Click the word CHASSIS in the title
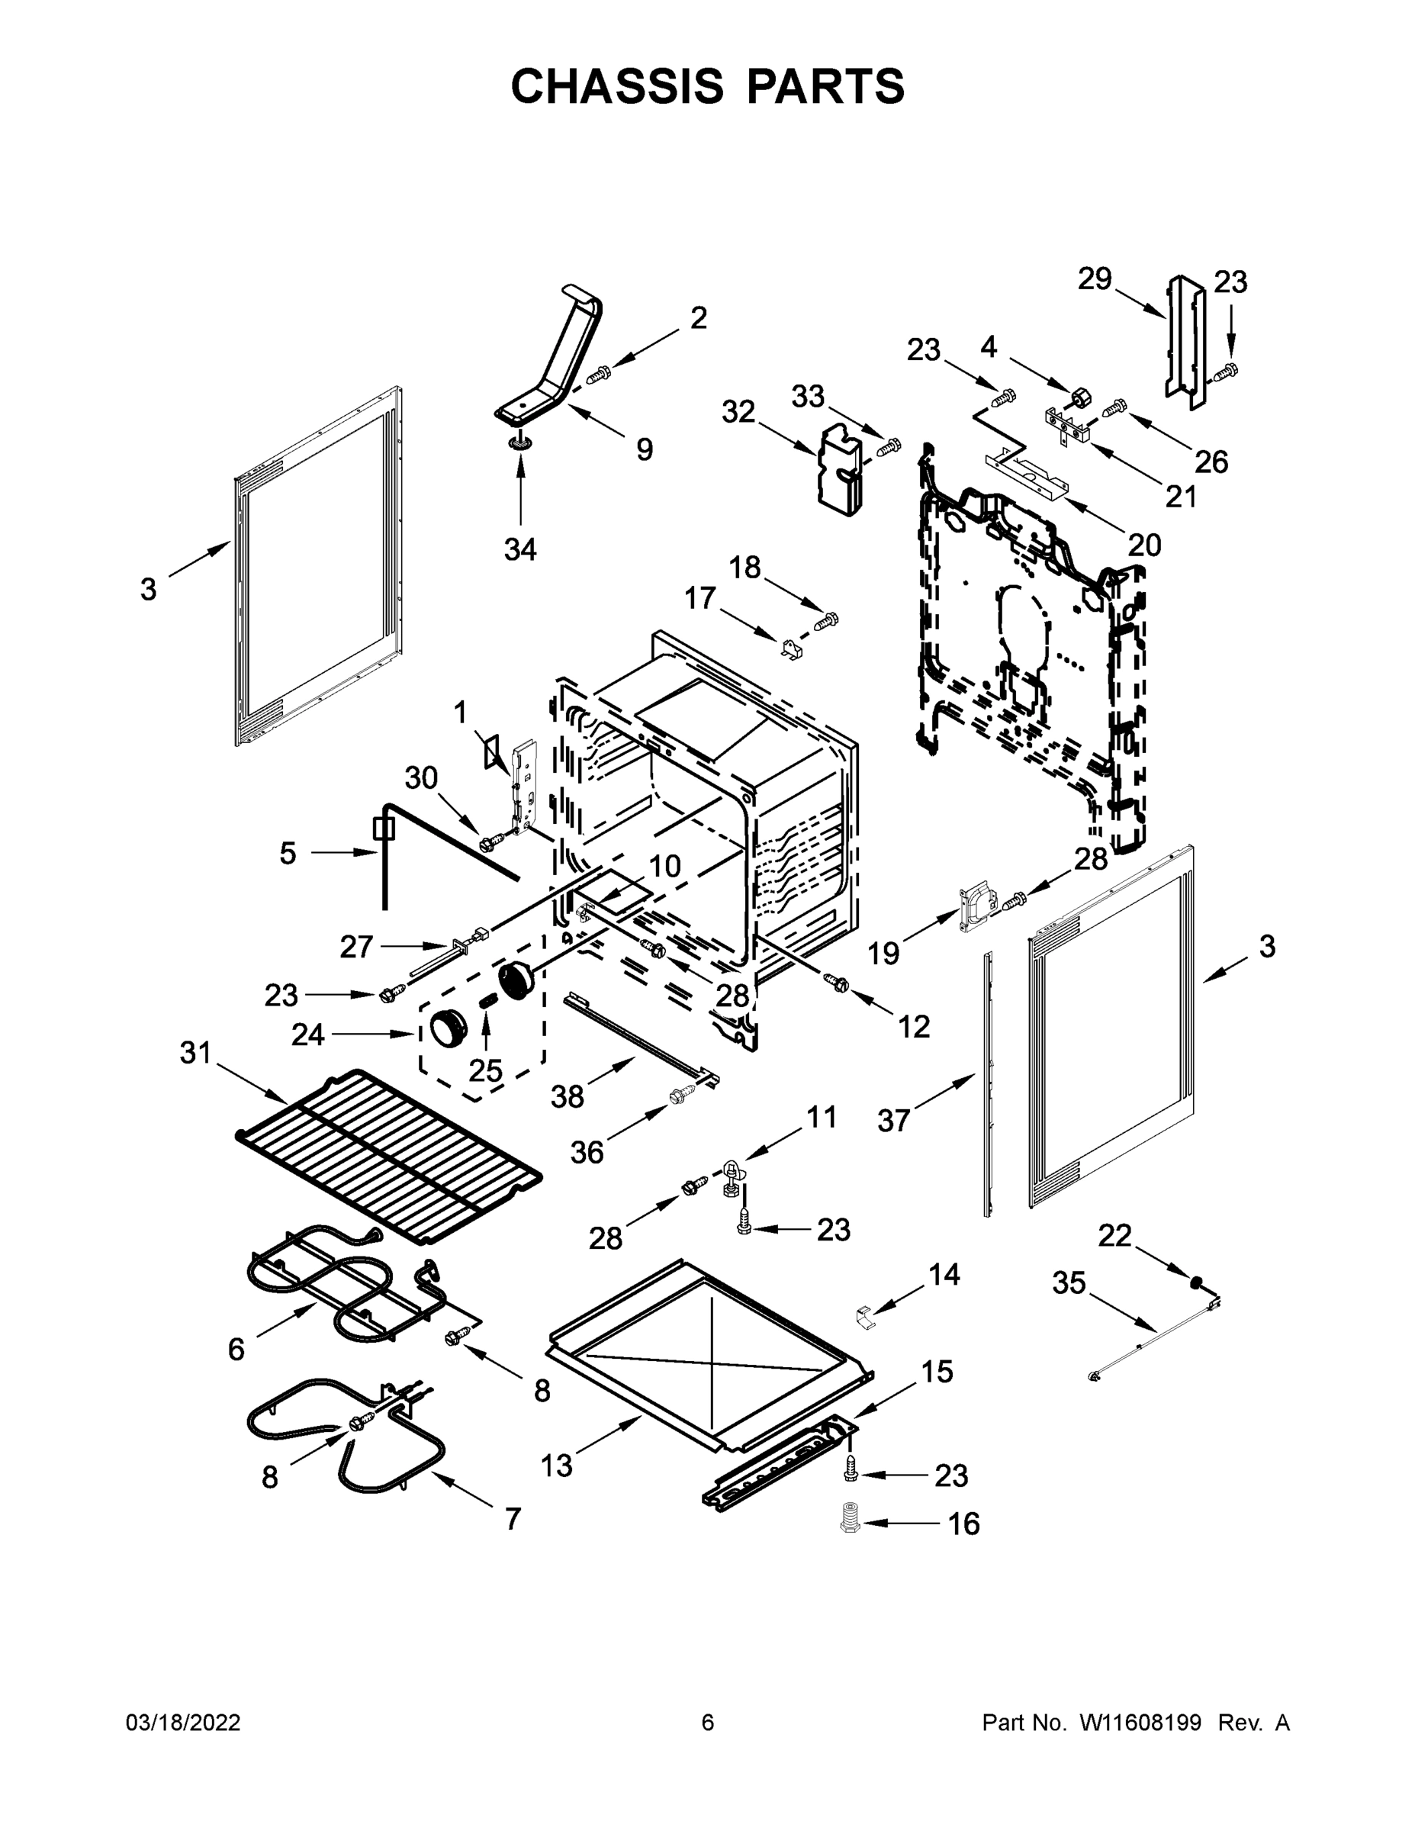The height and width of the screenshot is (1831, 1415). tap(617, 85)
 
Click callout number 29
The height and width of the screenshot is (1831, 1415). tap(1094, 278)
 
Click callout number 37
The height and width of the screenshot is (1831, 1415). tap(893, 1119)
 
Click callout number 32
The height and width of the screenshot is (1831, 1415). tap(738, 412)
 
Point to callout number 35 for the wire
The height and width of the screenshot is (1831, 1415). tap(1069, 1282)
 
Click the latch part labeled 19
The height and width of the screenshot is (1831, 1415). tap(976, 907)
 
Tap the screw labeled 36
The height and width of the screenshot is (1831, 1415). tap(680, 1096)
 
